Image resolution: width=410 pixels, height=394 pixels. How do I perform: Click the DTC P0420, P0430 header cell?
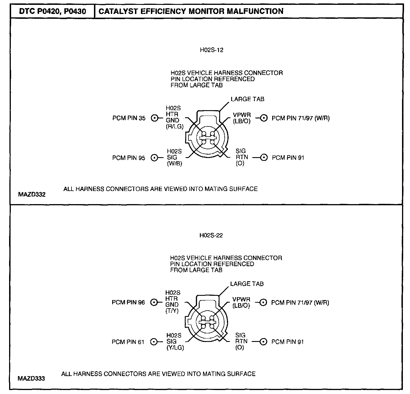(x=52, y=11)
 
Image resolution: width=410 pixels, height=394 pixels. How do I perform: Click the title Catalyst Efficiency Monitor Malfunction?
(x=191, y=11)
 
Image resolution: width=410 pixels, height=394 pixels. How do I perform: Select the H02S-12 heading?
(x=212, y=50)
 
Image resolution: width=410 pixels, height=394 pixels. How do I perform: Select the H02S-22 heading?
(x=211, y=235)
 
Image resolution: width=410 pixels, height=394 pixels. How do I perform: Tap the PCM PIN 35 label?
(x=129, y=118)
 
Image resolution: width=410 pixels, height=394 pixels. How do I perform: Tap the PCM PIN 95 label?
(x=129, y=158)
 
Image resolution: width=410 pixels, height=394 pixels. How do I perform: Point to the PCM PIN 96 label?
(x=128, y=302)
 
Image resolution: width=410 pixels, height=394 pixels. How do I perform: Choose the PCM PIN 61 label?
(x=128, y=342)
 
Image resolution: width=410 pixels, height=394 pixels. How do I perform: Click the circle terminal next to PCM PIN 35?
(x=155, y=118)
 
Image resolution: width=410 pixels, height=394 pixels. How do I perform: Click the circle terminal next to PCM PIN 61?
(x=154, y=342)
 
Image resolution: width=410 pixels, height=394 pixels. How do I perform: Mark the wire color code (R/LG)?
(x=175, y=127)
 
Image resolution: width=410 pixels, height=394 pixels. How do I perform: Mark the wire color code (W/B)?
(x=175, y=164)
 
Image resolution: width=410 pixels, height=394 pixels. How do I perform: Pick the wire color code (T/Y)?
(x=172, y=311)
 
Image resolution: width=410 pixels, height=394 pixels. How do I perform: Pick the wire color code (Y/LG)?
(x=175, y=348)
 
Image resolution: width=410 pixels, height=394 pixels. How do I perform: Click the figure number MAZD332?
(x=32, y=195)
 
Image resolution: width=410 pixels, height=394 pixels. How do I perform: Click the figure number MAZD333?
(x=31, y=379)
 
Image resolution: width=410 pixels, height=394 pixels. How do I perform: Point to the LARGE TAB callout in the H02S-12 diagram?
(x=247, y=99)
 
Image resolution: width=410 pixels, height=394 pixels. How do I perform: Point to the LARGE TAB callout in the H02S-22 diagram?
(x=247, y=284)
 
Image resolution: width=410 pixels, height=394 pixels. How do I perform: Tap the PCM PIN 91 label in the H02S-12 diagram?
(x=288, y=157)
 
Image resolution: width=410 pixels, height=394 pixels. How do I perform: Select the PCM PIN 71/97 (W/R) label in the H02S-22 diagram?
(x=300, y=303)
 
